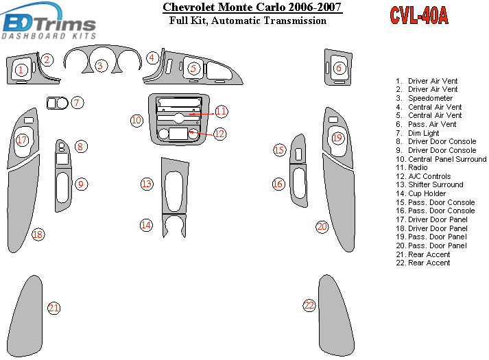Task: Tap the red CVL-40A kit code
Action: [x=419, y=16]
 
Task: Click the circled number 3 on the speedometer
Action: [x=101, y=66]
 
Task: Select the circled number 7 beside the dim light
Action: [x=77, y=103]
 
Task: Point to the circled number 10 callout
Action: [x=136, y=121]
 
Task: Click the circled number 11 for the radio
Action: [x=221, y=111]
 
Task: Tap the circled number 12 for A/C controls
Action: [x=219, y=134]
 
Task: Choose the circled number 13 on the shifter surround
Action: [x=146, y=184]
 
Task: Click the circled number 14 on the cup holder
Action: [x=146, y=224]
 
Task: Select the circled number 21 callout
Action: [x=54, y=308]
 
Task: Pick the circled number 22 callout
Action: [x=309, y=305]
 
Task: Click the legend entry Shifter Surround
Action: [x=435, y=185]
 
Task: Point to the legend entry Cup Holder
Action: [x=427, y=194]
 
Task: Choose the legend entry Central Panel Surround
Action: [x=446, y=159]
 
